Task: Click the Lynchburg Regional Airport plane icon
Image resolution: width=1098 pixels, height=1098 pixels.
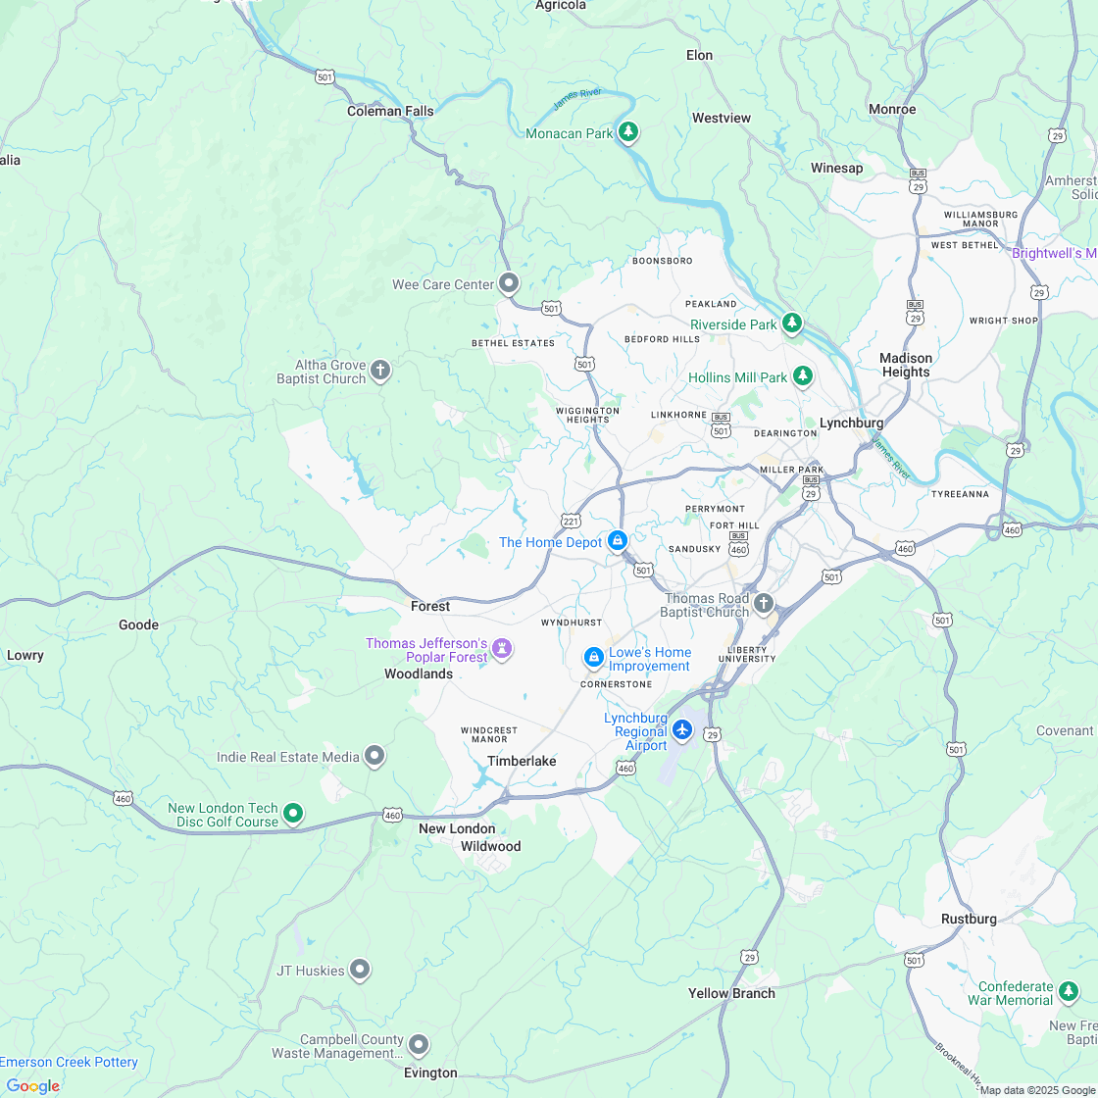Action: [683, 730]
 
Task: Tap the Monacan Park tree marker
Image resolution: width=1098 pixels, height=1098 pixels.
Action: [628, 132]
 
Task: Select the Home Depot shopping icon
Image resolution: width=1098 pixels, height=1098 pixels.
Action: [618, 540]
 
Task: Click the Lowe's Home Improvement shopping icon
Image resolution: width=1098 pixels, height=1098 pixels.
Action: [593, 657]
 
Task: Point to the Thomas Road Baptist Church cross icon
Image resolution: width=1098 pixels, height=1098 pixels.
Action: [764, 603]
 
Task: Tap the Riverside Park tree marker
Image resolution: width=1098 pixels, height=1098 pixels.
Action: [792, 323]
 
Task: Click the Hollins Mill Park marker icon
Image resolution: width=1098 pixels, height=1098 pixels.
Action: [803, 375]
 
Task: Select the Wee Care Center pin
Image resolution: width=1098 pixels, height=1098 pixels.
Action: [509, 283]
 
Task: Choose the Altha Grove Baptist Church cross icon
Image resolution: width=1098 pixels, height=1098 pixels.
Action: [380, 371]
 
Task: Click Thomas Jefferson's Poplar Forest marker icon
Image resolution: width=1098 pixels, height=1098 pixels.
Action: [503, 648]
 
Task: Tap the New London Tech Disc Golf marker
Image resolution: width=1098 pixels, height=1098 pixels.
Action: [293, 813]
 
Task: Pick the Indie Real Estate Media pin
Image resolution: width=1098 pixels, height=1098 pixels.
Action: [374, 756]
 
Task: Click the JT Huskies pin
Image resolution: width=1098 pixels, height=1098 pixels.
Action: [360, 970]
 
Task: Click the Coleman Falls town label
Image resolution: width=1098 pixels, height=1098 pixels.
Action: [390, 111]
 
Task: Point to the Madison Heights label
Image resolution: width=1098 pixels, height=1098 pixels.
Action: [906, 365]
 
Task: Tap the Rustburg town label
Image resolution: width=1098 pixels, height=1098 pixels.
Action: [969, 919]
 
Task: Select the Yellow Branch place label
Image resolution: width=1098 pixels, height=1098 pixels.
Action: [731, 993]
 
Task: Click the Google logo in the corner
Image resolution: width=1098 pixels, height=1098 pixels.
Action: [32, 1085]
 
